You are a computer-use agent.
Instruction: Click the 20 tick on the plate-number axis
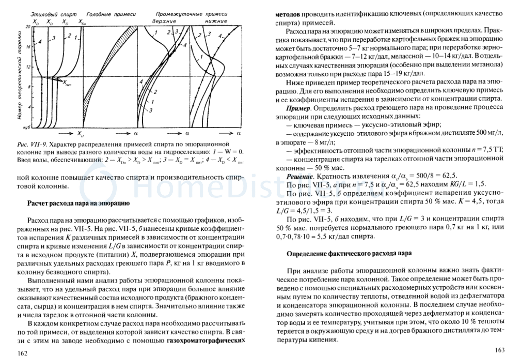[28, 27]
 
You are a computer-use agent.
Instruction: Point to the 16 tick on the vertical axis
[28, 47]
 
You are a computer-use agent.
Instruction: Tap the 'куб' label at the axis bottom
[27, 127]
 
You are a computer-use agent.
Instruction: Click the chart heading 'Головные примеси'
[111, 14]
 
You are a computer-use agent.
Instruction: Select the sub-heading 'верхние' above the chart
[164, 21]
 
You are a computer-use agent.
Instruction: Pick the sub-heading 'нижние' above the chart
[216, 21]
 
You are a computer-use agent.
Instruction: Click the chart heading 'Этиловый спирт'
[54, 14]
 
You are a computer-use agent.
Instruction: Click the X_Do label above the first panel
[82, 22]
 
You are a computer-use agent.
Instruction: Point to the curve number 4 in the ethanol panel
[40, 42]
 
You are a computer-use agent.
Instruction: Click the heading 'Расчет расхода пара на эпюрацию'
[78, 203]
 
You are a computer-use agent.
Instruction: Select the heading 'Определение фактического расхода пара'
[349, 254]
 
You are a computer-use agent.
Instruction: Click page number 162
[22, 353]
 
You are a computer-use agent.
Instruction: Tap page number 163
[500, 350]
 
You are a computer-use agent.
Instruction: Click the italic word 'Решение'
[300, 176]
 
